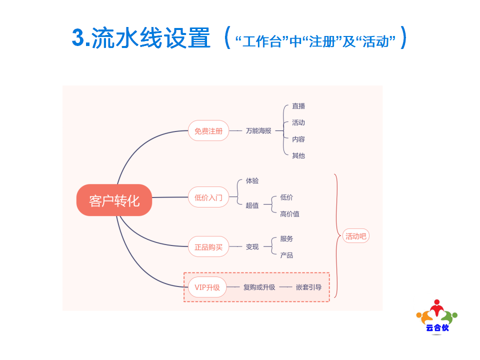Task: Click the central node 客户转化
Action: click(114, 200)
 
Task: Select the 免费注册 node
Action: click(208, 130)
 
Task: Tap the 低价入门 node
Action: click(208, 197)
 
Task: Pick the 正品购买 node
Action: click(208, 246)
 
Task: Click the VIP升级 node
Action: click(207, 287)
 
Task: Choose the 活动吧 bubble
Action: click(355, 236)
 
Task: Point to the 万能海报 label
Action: click(258, 130)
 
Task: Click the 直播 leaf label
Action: click(298, 106)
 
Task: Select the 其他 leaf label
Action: click(298, 155)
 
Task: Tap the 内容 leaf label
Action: click(298, 139)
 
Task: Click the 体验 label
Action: click(252, 180)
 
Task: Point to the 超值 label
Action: click(252, 205)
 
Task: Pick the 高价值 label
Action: click(289, 213)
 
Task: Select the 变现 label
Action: click(252, 246)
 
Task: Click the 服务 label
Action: click(286, 238)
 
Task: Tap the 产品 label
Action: click(286, 255)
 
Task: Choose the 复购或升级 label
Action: click(259, 287)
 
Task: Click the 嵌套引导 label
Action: click(308, 287)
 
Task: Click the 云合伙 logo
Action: click(437, 316)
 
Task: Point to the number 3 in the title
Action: click(78, 37)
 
